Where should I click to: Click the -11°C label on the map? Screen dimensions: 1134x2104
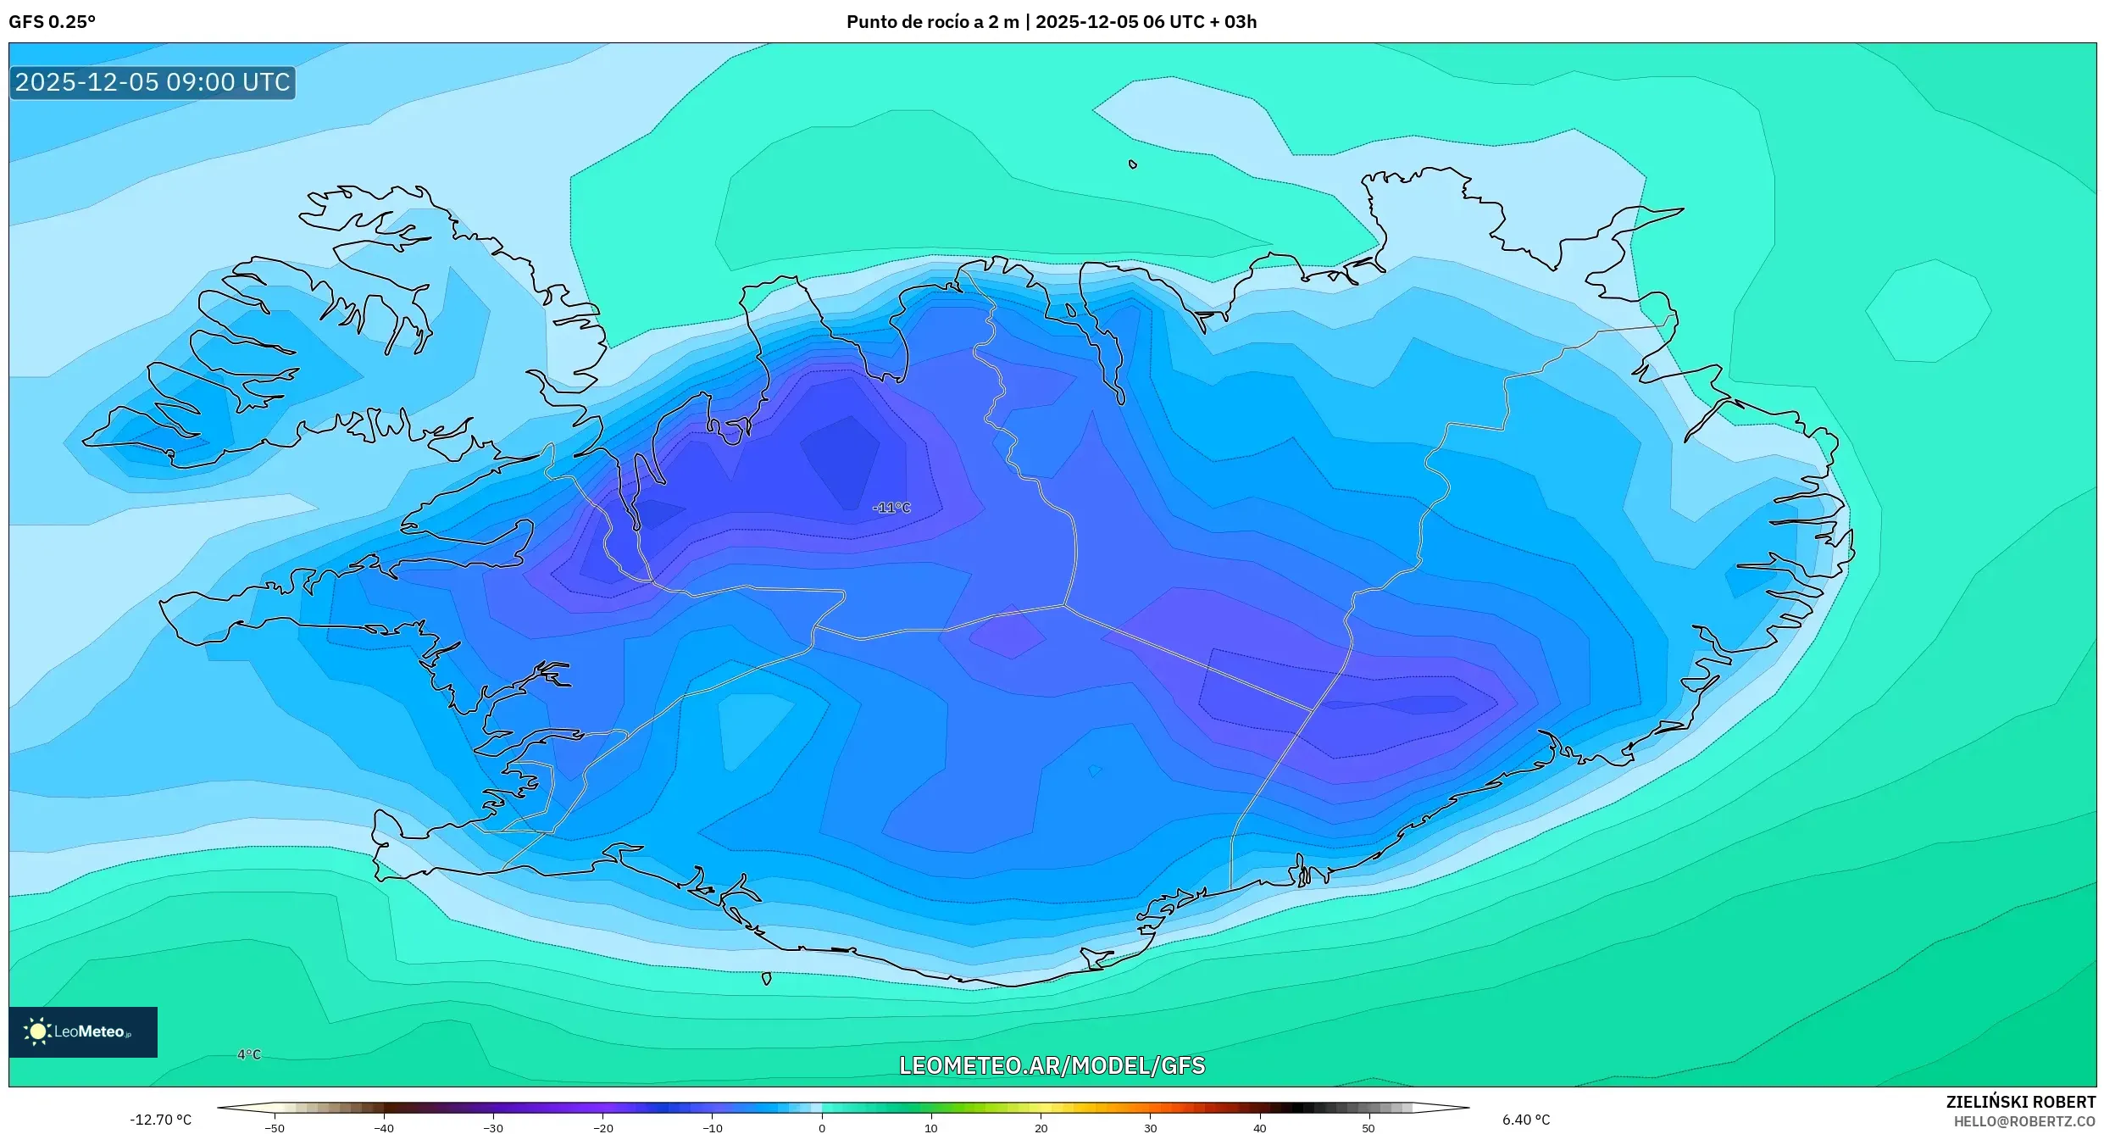pos(891,508)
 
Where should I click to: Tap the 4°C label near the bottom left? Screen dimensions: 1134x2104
pos(249,1054)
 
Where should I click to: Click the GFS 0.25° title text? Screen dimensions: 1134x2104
pos(53,22)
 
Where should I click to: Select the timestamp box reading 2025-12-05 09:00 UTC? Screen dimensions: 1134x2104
pos(153,82)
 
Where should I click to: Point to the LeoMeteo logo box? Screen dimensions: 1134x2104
pos(83,1031)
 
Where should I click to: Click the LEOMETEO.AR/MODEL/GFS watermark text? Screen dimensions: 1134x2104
pos(1052,1065)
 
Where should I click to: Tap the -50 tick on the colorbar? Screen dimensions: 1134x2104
pos(274,1128)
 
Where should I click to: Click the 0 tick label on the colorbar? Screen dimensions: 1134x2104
pos(821,1128)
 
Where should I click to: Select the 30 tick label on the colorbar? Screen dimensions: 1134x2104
pos(1150,1128)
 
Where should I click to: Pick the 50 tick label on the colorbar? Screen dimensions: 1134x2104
pos(1368,1128)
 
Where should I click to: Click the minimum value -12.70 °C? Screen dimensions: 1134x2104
pos(160,1120)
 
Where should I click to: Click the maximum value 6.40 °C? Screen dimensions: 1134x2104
pos(1526,1120)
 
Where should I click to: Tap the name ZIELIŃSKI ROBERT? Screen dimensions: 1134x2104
pos(2021,1102)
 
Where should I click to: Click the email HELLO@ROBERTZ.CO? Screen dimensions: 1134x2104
pos(2024,1122)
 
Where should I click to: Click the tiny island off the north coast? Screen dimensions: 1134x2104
pos(1133,164)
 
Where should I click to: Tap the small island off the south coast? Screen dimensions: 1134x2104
pos(766,979)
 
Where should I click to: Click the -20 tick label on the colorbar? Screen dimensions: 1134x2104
pos(602,1128)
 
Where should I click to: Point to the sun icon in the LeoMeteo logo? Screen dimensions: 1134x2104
pos(37,1031)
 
